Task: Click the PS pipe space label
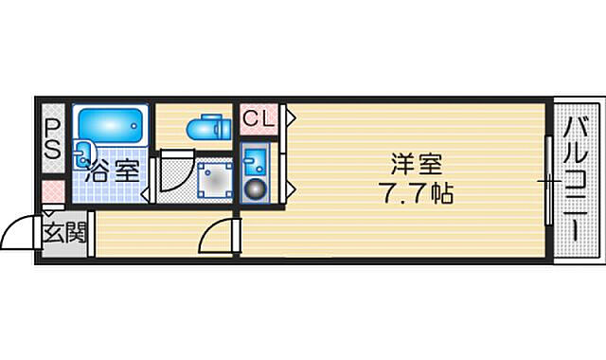[52, 138]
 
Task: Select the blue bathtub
[111, 125]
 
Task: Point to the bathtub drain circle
[134, 126]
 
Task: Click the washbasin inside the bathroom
[84, 153]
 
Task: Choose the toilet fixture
[208, 127]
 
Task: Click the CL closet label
[258, 118]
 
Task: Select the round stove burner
[256, 189]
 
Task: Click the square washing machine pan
[215, 180]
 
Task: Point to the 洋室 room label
[417, 164]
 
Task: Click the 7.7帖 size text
[416, 192]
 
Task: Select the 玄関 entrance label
[64, 232]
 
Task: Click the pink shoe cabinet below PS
[53, 191]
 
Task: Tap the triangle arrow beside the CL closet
[291, 117]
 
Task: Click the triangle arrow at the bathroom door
[145, 195]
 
